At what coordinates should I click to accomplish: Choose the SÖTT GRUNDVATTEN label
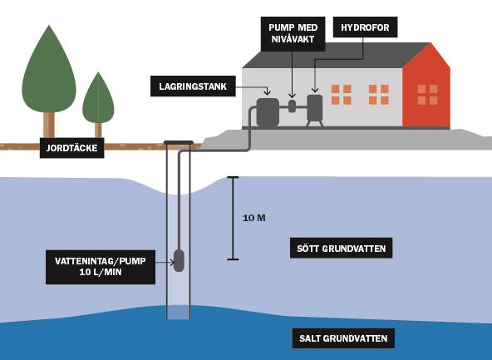pyautogui.click(x=341, y=248)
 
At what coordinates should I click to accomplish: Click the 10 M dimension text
pyautogui.click(x=254, y=219)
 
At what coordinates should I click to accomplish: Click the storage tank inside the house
pyautogui.click(x=268, y=111)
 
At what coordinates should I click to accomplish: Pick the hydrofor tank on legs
pyautogui.click(x=315, y=107)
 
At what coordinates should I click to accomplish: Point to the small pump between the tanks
pyautogui.click(x=292, y=106)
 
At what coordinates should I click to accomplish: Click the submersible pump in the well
pyautogui.click(x=179, y=260)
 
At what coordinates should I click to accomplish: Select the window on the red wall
pyautogui.click(x=427, y=94)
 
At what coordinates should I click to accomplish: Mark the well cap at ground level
pyautogui.click(x=179, y=141)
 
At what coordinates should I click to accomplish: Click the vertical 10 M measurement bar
pyautogui.click(x=234, y=218)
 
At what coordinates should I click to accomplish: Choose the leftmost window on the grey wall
pyautogui.click(x=341, y=94)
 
